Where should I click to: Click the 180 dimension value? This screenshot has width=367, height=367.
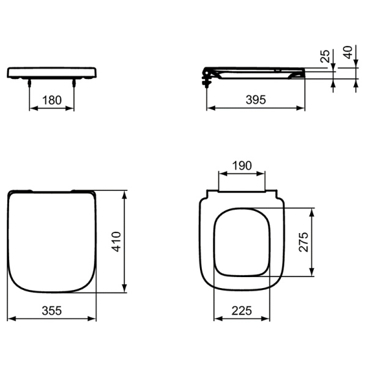tap(53, 100)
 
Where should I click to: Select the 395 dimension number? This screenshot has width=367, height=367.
tap(255, 100)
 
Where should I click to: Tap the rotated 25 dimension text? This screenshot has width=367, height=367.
tap(325, 57)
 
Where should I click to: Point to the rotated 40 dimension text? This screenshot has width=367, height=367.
tap(349, 53)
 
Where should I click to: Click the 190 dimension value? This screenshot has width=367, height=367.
tap(242, 165)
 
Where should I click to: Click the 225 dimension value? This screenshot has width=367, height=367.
tap(242, 310)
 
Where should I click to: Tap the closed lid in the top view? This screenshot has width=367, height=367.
tap(53, 242)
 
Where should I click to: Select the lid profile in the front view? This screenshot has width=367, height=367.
tap(53, 72)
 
